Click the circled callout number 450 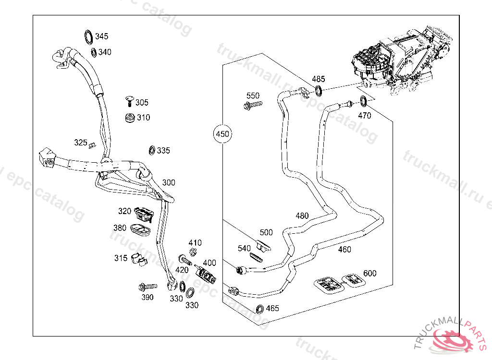(222, 134)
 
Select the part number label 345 (102, 36)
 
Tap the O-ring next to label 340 (93, 52)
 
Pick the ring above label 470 (364, 102)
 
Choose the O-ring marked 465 (260, 309)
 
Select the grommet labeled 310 (130, 118)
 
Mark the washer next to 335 (152, 151)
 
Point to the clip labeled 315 (138, 259)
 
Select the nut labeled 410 (193, 252)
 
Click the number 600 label (370, 273)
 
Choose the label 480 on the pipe (302, 216)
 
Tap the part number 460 (344, 249)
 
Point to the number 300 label (169, 182)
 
